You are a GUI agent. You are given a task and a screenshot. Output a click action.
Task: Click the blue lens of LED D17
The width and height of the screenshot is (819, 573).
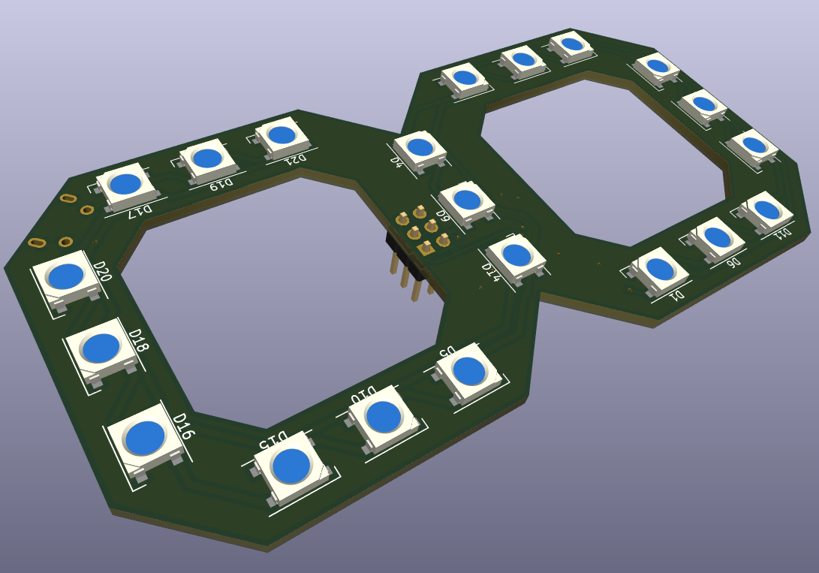[x=125, y=184]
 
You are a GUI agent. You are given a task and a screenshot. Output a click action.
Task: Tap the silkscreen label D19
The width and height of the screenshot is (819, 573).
[x=221, y=184]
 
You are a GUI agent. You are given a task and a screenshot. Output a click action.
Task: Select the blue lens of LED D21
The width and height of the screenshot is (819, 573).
[x=282, y=135]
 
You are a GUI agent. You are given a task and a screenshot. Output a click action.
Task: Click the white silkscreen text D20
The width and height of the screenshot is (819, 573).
[x=102, y=271]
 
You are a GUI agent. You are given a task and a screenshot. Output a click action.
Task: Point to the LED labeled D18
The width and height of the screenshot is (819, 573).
[x=101, y=348]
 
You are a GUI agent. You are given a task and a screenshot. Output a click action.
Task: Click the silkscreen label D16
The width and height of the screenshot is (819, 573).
[x=183, y=426]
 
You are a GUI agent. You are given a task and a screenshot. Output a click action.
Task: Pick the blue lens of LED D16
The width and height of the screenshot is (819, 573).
[x=145, y=438]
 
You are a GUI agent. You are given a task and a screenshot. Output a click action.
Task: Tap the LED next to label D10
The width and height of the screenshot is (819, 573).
[x=384, y=417]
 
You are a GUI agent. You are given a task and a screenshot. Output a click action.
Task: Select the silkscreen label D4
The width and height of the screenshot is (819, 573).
[x=397, y=161]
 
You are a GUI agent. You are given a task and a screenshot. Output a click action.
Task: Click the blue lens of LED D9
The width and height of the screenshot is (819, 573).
[x=467, y=200]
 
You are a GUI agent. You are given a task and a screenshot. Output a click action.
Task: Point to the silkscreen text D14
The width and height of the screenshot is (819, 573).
[x=490, y=272]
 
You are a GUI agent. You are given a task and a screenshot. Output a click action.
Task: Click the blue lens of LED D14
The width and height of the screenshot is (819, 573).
[x=516, y=255]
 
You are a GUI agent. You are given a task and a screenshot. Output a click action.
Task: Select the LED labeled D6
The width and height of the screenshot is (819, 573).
[x=717, y=238]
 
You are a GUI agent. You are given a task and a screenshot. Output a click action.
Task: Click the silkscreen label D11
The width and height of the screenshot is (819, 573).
[x=782, y=232]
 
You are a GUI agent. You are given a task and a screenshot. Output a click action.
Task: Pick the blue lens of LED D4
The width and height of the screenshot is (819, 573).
[x=420, y=147]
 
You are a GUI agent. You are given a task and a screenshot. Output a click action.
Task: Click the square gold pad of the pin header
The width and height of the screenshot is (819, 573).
[x=426, y=249]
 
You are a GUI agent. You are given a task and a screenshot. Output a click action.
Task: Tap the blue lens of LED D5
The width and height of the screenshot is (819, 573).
[x=468, y=370]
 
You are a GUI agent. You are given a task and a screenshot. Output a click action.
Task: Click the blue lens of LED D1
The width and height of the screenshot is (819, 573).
[x=660, y=268]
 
